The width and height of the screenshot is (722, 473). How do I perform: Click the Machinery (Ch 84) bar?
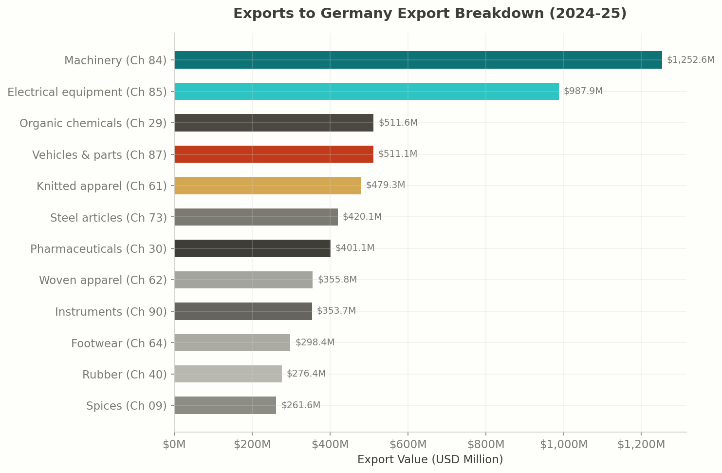418,60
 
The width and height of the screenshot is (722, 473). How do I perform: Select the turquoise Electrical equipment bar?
366,92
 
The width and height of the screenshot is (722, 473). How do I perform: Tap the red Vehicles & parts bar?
274,154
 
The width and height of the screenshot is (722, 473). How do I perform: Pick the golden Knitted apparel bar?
267,186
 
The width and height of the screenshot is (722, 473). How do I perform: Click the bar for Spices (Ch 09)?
225,405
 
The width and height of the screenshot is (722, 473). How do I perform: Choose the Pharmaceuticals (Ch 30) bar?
252,248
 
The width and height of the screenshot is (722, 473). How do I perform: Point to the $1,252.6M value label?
690,60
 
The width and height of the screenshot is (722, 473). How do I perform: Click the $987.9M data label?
583,91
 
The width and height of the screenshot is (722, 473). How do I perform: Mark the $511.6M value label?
398,123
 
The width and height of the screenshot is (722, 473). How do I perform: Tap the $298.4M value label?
315,342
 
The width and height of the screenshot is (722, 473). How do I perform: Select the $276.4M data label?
306,374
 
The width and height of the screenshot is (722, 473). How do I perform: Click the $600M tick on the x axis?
408,445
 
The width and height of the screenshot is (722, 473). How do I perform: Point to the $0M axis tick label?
174,445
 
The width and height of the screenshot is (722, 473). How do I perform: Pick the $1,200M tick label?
641,445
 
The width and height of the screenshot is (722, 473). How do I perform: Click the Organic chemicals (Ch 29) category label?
93,123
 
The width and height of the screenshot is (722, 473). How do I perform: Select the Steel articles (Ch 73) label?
108,218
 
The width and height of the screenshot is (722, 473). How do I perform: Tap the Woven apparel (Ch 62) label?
103,280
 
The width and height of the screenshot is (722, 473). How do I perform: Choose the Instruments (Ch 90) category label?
111,312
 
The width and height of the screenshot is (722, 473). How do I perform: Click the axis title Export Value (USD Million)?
430,460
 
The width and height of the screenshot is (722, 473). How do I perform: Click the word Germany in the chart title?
336,14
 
